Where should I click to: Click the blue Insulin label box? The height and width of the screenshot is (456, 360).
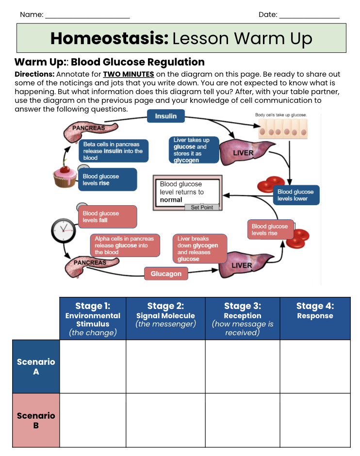tap(166, 116)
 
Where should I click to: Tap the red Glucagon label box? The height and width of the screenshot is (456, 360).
tap(166, 274)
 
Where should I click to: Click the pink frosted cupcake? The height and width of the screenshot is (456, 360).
tap(65, 176)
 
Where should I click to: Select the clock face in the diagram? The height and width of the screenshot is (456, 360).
tap(64, 230)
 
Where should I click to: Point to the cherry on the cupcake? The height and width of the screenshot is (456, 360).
tap(65, 168)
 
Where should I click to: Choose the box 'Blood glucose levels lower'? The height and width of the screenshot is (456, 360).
tap(296, 195)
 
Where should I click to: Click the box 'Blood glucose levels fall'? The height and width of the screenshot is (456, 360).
tap(108, 217)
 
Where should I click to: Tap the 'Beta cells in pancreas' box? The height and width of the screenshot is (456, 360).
tap(114, 151)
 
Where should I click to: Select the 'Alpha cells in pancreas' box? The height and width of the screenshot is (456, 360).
tap(125, 245)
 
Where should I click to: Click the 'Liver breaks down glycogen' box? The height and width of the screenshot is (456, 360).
tap(200, 249)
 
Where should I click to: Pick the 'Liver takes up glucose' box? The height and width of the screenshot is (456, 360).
tap(194, 150)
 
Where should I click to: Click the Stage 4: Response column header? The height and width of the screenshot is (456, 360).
tap(315, 318)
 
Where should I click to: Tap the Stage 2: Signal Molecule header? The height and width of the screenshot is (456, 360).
tap(166, 318)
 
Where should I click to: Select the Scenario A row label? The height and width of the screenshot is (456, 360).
tap(36, 366)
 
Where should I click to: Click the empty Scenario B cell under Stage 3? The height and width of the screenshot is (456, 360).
tap(243, 420)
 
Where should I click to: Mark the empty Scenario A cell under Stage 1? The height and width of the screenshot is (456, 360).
tap(93, 366)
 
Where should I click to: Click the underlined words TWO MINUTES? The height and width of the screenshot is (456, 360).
tap(129, 74)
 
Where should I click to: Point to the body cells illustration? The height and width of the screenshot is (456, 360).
tap(283, 129)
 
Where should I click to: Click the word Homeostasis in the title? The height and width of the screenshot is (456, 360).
tap(109, 38)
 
